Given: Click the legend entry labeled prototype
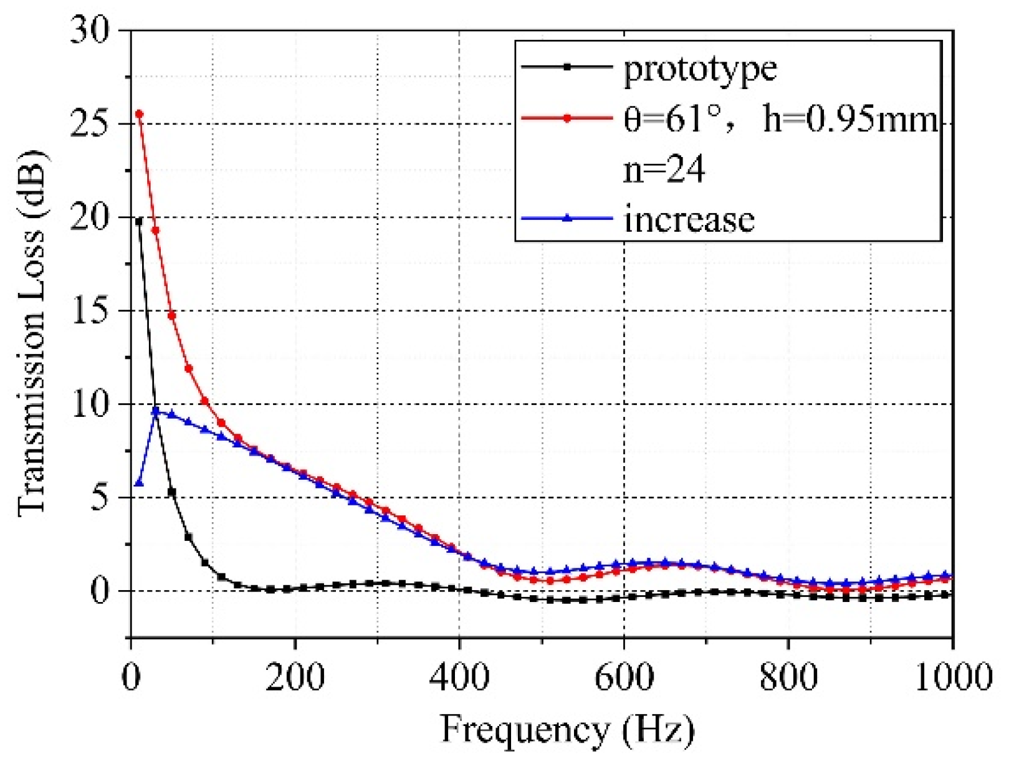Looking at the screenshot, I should pyautogui.click(x=700, y=69).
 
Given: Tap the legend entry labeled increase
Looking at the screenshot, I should pyautogui.click(x=689, y=219).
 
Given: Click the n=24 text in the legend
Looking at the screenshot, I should pyautogui.click(x=664, y=169).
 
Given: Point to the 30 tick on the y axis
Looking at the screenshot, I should pyautogui.click(x=89, y=30).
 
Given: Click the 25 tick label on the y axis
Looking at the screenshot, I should pyautogui.click(x=89, y=123).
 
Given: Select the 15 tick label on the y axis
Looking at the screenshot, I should pyautogui.click(x=89, y=310).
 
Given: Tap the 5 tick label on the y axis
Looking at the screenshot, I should pyautogui.click(x=100, y=497).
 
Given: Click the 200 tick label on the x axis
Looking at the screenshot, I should pyautogui.click(x=295, y=677).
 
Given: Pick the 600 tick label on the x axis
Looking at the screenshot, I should pyautogui.click(x=624, y=677).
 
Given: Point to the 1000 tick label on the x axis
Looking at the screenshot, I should pyautogui.click(x=952, y=677).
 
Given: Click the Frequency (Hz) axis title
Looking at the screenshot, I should pyautogui.click(x=567, y=729).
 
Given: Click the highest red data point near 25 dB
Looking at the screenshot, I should pyautogui.click(x=139, y=115).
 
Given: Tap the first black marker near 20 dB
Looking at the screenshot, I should pyautogui.click(x=139, y=221).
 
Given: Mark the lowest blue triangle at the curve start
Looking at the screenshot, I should pyautogui.click(x=139, y=483).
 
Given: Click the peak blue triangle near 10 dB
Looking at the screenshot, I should pyautogui.click(x=156, y=411).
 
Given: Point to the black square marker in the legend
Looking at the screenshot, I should pyautogui.click(x=567, y=67).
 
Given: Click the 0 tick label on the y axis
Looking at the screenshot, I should pyautogui.click(x=100, y=591).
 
